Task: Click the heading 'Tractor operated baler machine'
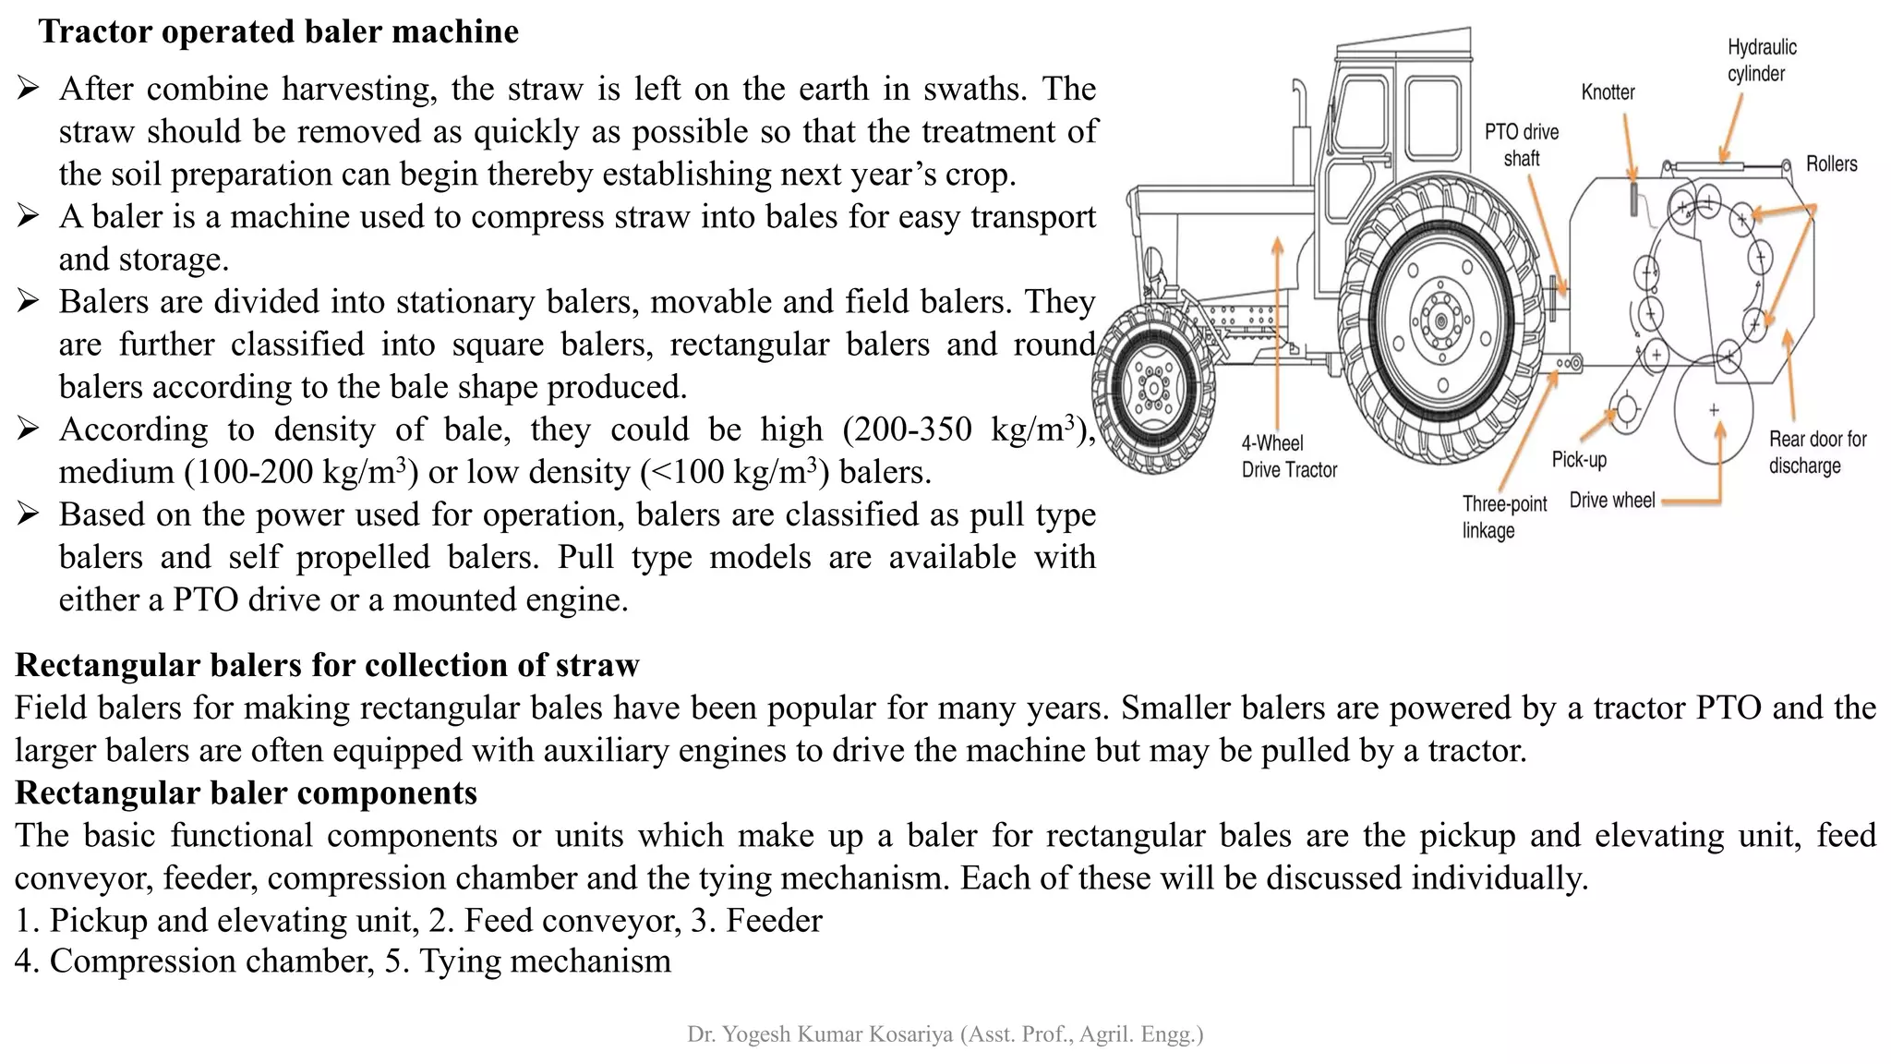(x=278, y=32)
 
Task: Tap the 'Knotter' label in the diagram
(x=1608, y=92)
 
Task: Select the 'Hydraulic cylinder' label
(x=1761, y=60)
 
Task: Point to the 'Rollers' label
(x=1831, y=164)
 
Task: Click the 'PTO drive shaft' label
(x=1522, y=145)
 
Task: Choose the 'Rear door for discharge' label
(x=1816, y=453)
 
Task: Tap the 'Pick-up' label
(x=1579, y=460)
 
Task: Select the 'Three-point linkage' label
(x=1503, y=517)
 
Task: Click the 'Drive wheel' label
(x=1611, y=501)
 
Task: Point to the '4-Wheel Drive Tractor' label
(x=1288, y=456)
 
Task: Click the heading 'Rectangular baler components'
(x=246, y=793)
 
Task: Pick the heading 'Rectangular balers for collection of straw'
(x=327, y=665)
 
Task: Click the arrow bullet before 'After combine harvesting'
(x=28, y=89)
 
